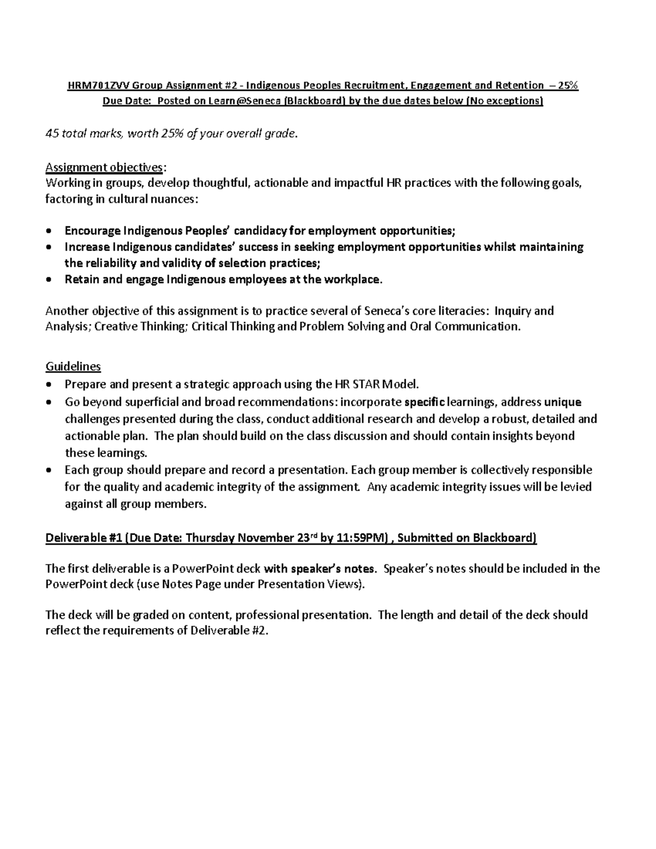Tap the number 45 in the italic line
[51, 133]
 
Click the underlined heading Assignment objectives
[104, 167]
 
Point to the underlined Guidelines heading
[73, 366]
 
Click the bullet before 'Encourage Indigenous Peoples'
[50, 231]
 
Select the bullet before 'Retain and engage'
[50, 280]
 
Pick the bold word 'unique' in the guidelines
[563, 402]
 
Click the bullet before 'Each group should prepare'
[50, 471]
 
